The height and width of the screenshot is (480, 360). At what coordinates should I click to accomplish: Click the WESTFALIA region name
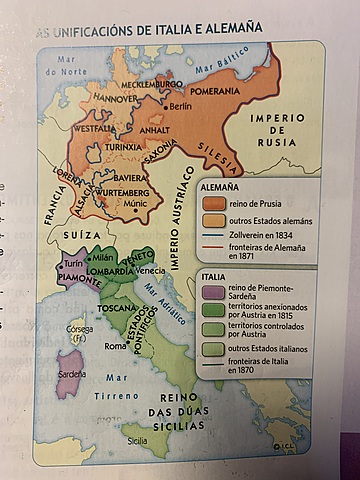(x=94, y=129)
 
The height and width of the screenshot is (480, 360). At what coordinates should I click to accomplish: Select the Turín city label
(x=75, y=262)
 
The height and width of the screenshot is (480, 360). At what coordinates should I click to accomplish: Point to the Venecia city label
(x=150, y=271)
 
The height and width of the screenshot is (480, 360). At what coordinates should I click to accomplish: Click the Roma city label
(x=116, y=346)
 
